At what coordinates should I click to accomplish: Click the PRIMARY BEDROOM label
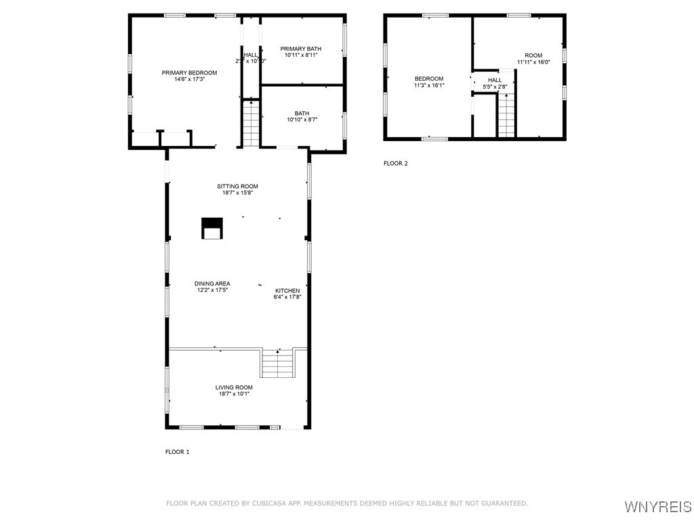(x=189, y=73)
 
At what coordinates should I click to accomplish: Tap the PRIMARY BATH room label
(x=301, y=49)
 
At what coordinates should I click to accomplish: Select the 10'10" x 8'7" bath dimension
(x=302, y=119)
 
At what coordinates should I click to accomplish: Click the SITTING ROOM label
(x=237, y=187)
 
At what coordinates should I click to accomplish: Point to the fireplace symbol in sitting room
(x=212, y=229)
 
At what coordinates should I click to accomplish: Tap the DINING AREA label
(x=213, y=284)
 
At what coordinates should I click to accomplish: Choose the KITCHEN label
(x=287, y=290)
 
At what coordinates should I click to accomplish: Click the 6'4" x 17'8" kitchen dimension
(x=287, y=296)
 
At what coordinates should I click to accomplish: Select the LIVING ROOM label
(x=234, y=387)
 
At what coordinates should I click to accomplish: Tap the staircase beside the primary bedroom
(x=251, y=123)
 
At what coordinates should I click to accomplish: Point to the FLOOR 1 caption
(x=178, y=452)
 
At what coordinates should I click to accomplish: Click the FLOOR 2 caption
(x=396, y=163)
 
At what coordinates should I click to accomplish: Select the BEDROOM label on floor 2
(x=429, y=79)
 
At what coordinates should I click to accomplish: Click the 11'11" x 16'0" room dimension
(x=533, y=62)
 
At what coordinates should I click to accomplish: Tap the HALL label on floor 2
(x=495, y=80)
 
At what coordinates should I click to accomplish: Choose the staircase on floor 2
(x=506, y=116)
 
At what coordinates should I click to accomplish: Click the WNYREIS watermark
(x=657, y=507)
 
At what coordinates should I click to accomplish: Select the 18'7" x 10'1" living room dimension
(x=234, y=393)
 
